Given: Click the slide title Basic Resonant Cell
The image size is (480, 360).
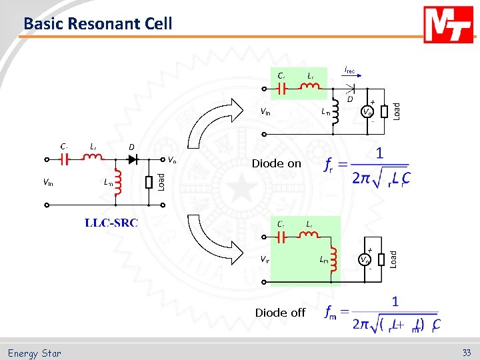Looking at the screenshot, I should (x=98, y=24).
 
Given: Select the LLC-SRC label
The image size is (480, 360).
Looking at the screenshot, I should (x=111, y=222).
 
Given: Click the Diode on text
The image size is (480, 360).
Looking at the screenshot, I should (x=276, y=163).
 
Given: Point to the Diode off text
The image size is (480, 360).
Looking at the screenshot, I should (x=280, y=312).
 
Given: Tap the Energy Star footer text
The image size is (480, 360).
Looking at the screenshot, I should (x=35, y=353).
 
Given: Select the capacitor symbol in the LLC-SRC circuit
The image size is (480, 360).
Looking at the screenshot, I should (x=65, y=159).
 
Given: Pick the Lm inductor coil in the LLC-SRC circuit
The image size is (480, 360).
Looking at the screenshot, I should (x=119, y=182).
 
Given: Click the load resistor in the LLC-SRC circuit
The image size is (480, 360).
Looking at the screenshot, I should (x=149, y=182).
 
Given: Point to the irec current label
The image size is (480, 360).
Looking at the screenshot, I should (x=349, y=69).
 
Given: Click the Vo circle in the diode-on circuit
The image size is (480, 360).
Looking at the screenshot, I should (x=367, y=112).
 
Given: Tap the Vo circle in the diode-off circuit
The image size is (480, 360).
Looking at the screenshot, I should (x=365, y=259).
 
